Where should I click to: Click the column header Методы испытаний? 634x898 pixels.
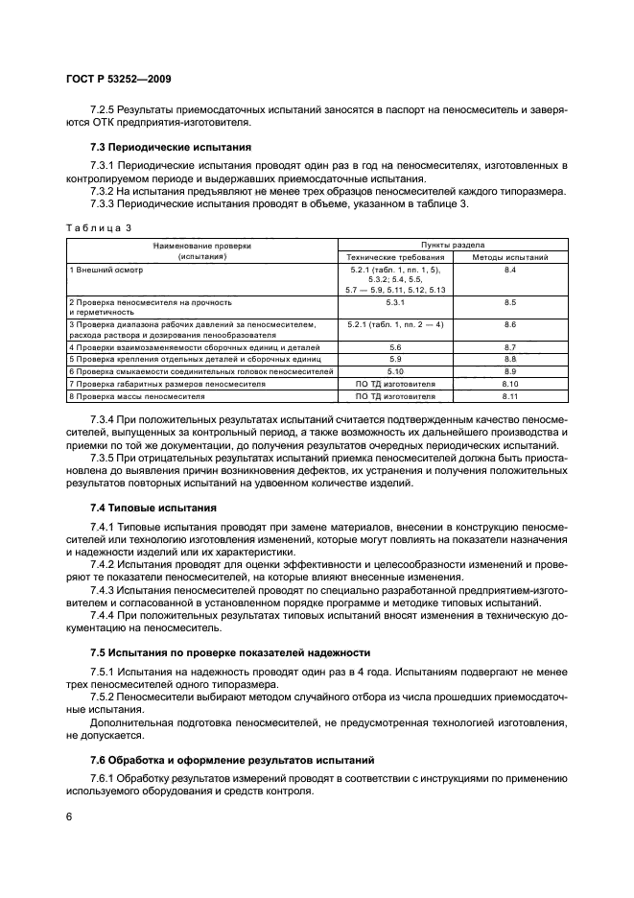pyautogui.click(x=510, y=258)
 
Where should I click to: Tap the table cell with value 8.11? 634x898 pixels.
pyautogui.click(x=510, y=395)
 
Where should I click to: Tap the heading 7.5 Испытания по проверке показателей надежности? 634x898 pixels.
pyautogui.click(x=223, y=651)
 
